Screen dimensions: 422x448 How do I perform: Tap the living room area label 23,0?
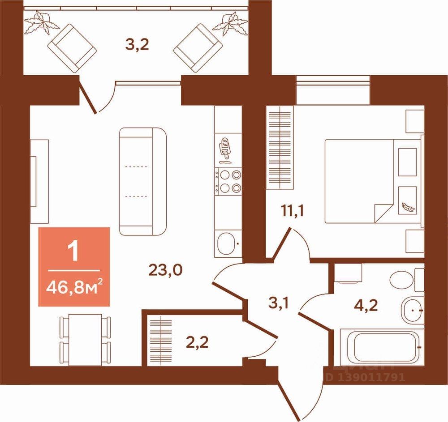click(x=166, y=271)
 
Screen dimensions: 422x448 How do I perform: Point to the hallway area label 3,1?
click(x=278, y=304)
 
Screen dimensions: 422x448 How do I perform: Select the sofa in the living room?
click(x=143, y=181)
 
